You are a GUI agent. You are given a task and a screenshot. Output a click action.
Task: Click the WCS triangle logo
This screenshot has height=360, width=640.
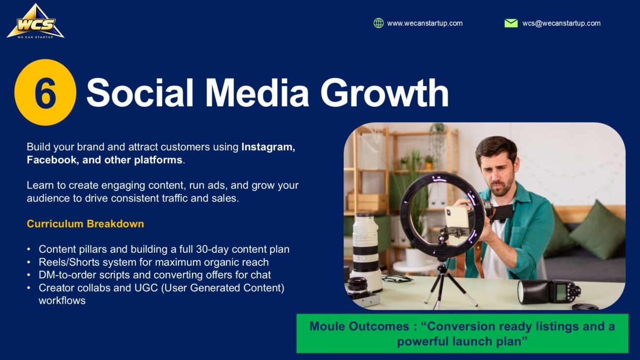point(35,22)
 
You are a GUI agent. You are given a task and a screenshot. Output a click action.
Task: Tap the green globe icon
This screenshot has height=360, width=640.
point(379,23)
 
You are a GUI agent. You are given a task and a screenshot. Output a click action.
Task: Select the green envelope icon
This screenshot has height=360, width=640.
point(511,23)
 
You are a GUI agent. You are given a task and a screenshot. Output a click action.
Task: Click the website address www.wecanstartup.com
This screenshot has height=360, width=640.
point(424,23)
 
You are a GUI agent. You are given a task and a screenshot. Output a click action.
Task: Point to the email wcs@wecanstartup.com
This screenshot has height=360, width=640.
point(561,23)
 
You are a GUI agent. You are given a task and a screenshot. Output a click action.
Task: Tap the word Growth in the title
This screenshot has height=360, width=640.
point(384,93)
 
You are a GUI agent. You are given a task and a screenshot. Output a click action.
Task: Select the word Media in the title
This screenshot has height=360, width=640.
point(257,93)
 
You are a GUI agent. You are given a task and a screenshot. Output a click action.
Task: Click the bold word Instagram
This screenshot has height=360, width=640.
point(268,147)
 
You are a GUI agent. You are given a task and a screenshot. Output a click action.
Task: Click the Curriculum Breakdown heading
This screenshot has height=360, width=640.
point(86,224)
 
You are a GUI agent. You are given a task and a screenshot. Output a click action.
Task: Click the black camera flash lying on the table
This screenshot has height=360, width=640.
point(548,292)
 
